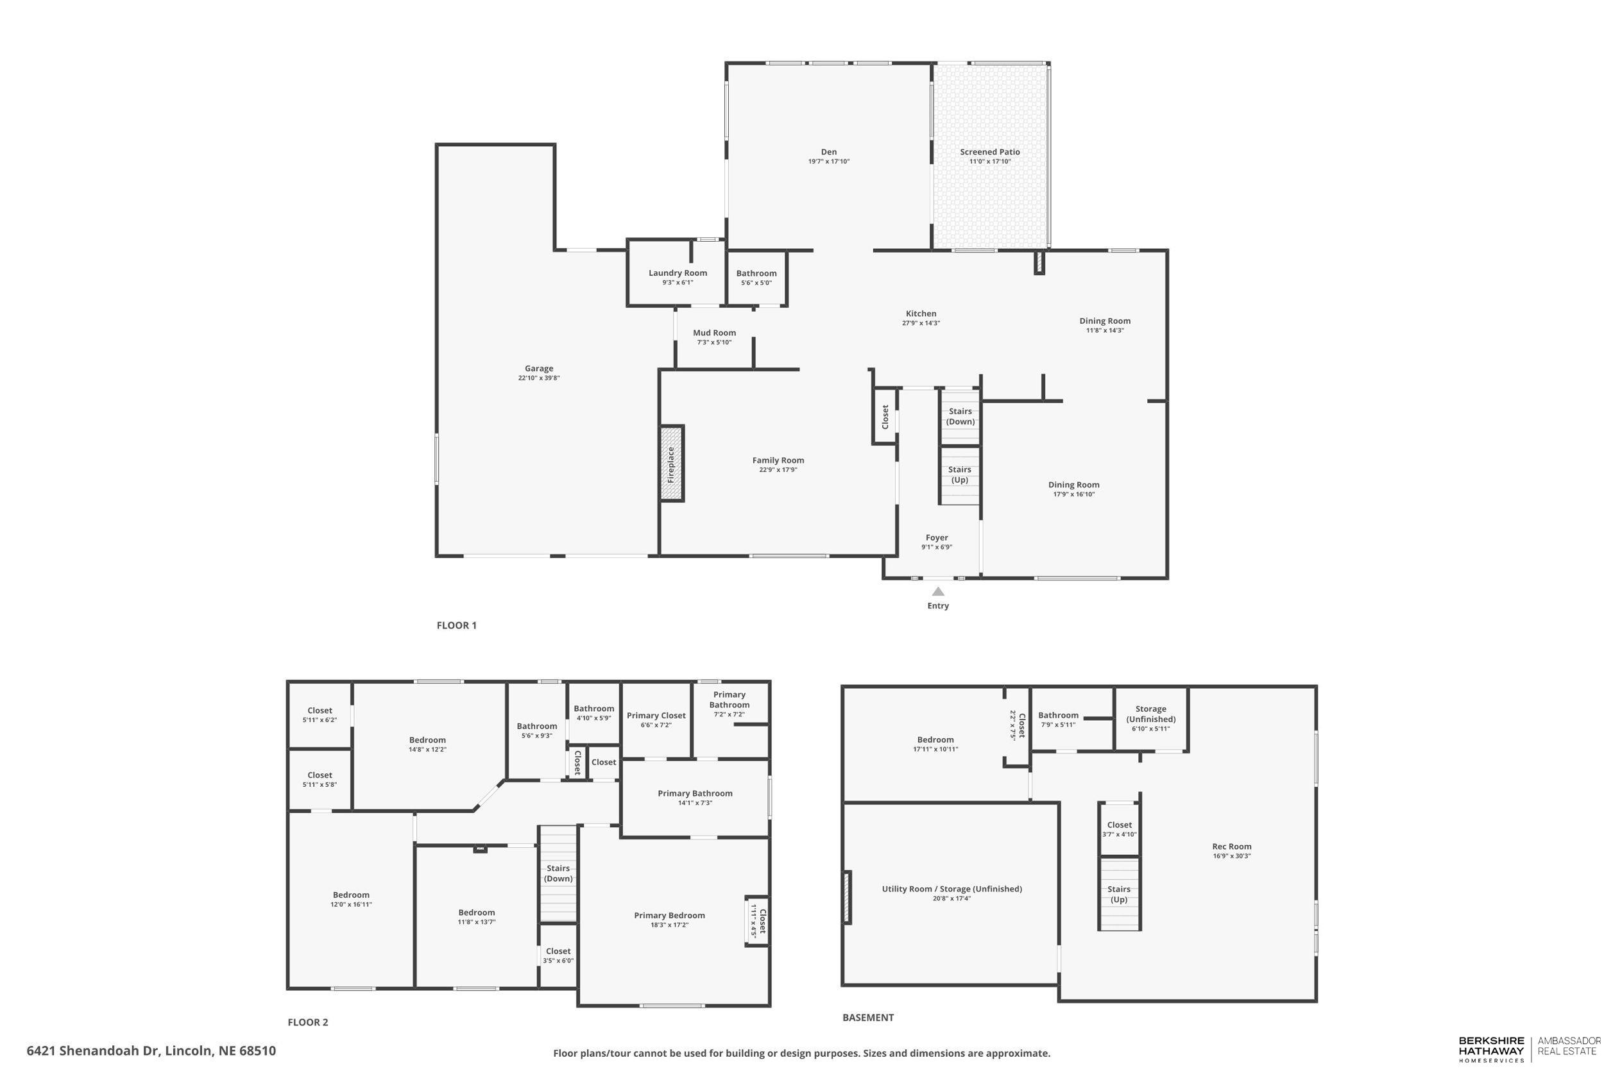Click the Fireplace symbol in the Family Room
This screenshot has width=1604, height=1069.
coord(671,464)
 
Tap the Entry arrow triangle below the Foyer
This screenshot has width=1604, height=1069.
coord(938,592)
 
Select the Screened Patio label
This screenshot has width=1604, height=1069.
coord(989,152)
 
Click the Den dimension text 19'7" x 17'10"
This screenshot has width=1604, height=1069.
coord(828,162)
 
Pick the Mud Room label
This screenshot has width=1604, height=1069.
coord(714,333)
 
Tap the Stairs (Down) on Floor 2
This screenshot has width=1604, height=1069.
coord(558,873)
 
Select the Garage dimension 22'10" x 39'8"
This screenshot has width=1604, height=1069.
coord(538,378)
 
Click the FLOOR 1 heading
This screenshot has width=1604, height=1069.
coord(456,625)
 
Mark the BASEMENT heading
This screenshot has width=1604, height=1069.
coord(867,1017)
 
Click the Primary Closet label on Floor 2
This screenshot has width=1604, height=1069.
coord(656,715)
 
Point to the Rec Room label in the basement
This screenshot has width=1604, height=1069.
coord(1232,846)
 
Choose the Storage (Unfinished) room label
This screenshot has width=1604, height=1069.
coord(1150,714)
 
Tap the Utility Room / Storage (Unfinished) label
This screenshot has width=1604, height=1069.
coord(951,888)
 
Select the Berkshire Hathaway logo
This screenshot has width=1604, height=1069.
coord(1491,1050)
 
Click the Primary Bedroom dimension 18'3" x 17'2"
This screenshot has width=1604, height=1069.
coord(669,925)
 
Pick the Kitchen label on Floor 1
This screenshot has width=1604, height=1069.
coord(921,314)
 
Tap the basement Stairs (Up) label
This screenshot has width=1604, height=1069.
coord(1118,894)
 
